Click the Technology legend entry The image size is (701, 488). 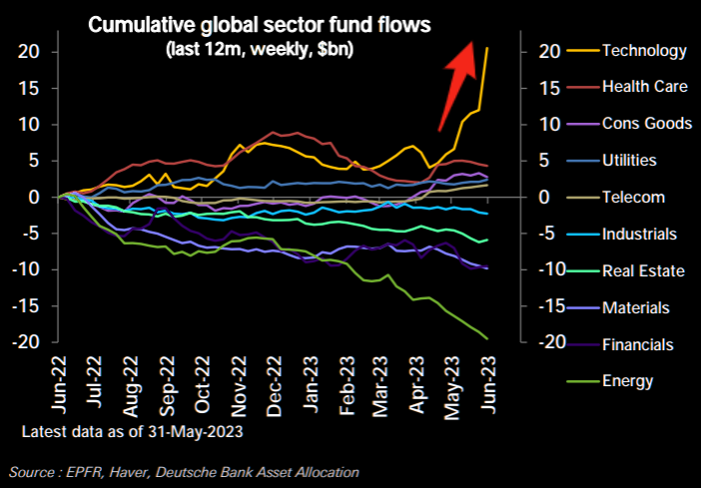pyautogui.click(x=645, y=51)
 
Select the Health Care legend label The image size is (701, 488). pyautogui.click(x=645, y=87)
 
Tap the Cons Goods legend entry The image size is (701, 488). pyautogui.click(x=647, y=124)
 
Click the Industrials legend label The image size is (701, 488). pyautogui.click(x=640, y=234)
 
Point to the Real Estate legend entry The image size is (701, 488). pyautogui.click(x=642, y=270)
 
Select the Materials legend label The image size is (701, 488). pyautogui.click(x=636, y=307)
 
